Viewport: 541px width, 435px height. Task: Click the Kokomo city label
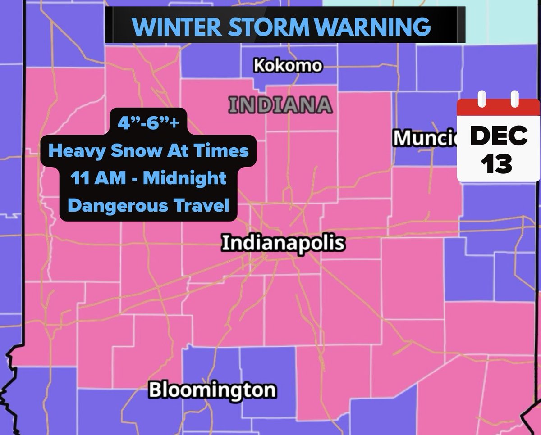tap(288, 66)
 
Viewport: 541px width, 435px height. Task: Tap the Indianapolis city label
tap(283, 244)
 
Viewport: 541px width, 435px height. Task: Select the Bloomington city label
tap(212, 390)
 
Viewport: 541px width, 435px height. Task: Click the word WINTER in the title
tap(175, 27)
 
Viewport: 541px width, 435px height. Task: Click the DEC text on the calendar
tap(499, 136)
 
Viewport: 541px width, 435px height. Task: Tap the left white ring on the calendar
tap(481, 99)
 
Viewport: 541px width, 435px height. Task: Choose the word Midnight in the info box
tap(185, 178)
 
